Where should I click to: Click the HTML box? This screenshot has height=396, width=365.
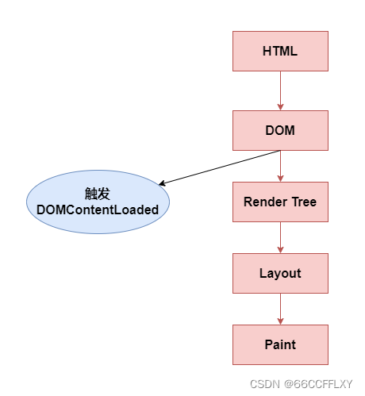click(x=280, y=51)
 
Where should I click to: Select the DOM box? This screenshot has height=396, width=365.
click(x=280, y=130)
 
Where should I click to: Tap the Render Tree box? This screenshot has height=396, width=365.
click(x=280, y=202)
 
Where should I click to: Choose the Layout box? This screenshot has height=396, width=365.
click(x=280, y=273)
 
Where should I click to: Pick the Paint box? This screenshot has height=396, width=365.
click(x=280, y=344)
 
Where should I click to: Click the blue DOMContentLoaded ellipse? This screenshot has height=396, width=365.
click(x=98, y=202)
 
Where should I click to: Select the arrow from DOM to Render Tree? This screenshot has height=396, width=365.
click(x=280, y=166)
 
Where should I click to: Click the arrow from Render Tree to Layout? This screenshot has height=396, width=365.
click(x=280, y=237)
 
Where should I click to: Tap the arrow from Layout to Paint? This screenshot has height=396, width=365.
click(x=280, y=309)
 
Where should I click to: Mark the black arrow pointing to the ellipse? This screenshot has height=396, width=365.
click(x=218, y=168)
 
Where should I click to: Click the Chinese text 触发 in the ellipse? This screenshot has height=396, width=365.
click(x=98, y=194)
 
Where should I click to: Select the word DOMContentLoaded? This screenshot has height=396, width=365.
click(x=98, y=210)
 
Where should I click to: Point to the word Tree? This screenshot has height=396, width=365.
click(x=302, y=202)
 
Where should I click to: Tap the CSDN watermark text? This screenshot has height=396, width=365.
click(x=265, y=383)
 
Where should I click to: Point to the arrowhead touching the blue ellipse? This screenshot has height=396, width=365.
click(x=162, y=184)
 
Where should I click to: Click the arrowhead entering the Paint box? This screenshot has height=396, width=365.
click(x=280, y=321)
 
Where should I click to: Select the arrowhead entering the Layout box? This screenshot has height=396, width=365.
click(x=280, y=249)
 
